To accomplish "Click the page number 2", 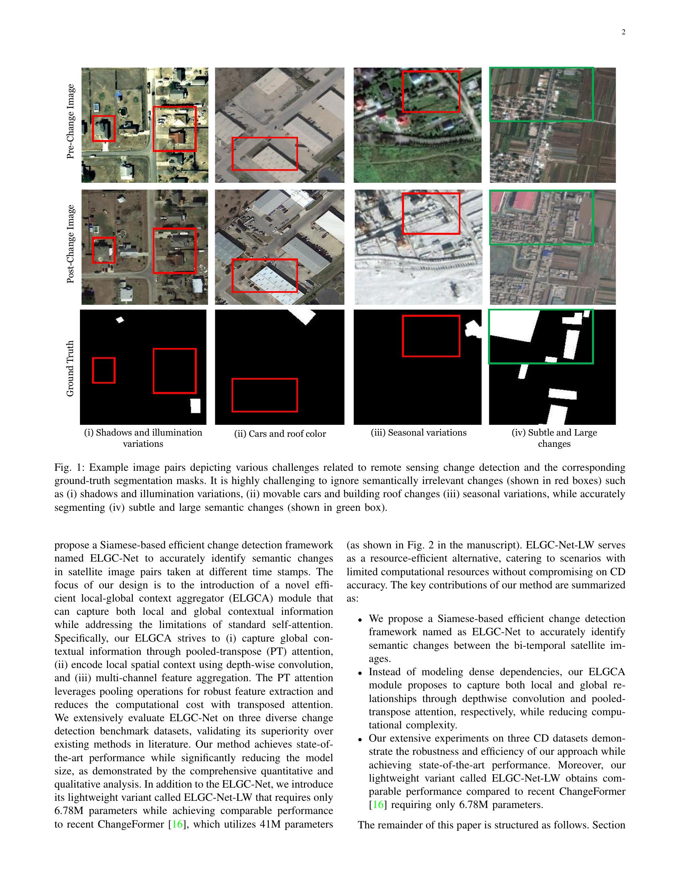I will click(x=623, y=33).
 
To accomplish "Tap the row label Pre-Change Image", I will click(x=70, y=121).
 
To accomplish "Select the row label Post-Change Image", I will click(x=70, y=244).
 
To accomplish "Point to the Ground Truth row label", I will click(x=70, y=368).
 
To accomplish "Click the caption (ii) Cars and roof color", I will click(x=280, y=434).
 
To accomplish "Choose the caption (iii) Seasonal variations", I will click(x=418, y=433).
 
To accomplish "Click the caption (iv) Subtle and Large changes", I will click(x=554, y=438).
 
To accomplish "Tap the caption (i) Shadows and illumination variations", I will click(x=143, y=438).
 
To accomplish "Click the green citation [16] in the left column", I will click(x=177, y=824).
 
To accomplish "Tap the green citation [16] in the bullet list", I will click(x=378, y=805).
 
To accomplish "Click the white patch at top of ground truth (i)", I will click(x=120, y=320).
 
